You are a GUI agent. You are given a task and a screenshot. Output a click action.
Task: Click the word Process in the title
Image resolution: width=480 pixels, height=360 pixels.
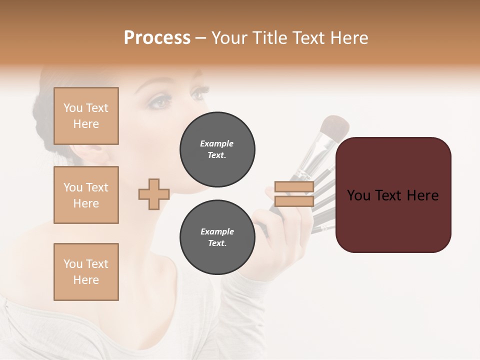[157, 38]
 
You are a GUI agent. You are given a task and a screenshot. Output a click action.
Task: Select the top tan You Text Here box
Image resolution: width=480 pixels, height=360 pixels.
[86, 116]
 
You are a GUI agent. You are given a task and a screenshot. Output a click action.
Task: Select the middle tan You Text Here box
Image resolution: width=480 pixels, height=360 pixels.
[86, 195]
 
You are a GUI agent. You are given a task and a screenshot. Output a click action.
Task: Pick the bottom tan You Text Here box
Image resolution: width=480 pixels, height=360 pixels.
[86, 271]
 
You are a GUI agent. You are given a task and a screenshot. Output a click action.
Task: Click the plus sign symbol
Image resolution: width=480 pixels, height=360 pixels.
[154, 194]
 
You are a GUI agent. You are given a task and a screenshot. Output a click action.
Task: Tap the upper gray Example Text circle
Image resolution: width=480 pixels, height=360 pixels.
[217, 149]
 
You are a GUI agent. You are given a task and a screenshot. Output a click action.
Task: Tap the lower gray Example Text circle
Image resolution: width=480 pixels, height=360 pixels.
[217, 237]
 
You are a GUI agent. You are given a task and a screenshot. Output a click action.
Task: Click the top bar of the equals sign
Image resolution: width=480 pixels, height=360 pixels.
[294, 187]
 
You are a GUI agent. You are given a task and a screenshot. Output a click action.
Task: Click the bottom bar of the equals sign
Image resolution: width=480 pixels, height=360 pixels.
[294, 201]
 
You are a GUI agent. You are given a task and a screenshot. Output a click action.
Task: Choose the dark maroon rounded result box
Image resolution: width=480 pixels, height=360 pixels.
[393, 220]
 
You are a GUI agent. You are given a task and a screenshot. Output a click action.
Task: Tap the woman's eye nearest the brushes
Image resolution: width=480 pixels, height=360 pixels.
[200, 93]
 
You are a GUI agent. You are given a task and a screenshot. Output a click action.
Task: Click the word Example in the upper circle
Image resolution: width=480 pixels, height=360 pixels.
[217, 143]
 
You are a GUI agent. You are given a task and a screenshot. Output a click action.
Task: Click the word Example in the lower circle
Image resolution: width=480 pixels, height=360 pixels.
[217, 231]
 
